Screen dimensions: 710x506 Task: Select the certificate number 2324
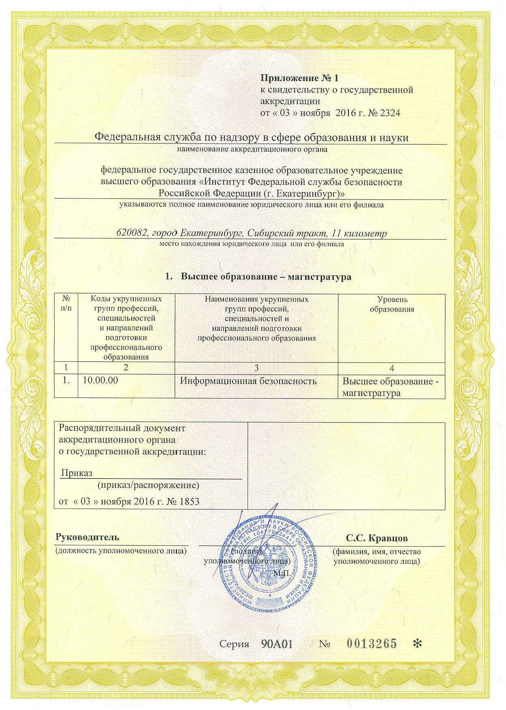click(390, 113)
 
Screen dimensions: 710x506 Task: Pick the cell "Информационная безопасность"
click(248, 381)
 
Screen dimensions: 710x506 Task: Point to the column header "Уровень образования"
click(392, 304)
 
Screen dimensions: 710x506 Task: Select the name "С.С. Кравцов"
click(377, 538)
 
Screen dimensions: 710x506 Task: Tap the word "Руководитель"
click(88, 537)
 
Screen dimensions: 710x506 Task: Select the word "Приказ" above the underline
click(77, 473)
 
